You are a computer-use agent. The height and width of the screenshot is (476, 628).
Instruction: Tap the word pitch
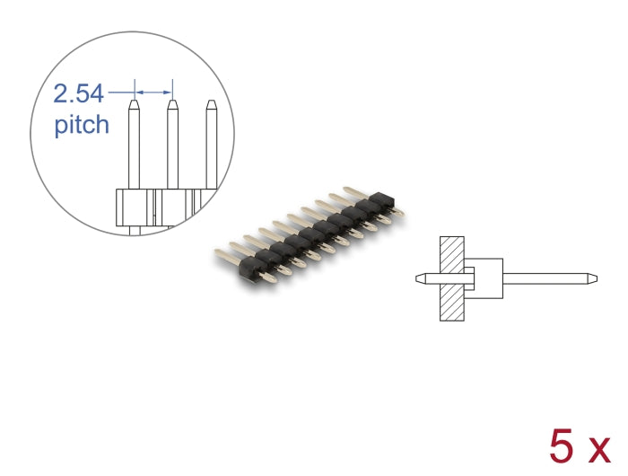82,124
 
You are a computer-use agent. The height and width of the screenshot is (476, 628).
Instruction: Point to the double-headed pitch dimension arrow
153,90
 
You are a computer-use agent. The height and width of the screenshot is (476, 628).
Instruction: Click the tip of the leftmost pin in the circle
134,105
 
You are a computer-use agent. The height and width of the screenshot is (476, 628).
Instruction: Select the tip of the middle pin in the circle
172,105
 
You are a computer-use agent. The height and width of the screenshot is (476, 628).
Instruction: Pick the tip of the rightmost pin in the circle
211,105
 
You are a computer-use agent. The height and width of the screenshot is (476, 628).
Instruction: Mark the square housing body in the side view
484,278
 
